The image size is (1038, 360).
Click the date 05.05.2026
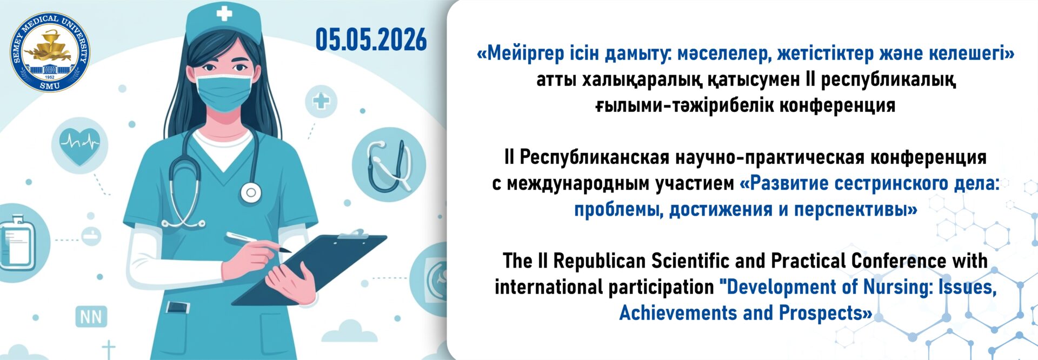[x=371, y=40]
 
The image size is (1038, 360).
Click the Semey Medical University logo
[x=50, y=52]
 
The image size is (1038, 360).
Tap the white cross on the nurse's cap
[x=224, y=13]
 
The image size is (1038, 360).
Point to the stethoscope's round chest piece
[x=250, y=192]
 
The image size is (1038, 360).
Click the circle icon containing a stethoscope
[x=389, y=164]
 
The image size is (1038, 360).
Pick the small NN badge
[x=91, y=317]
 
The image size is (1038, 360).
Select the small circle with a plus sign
[x=321, y=101]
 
